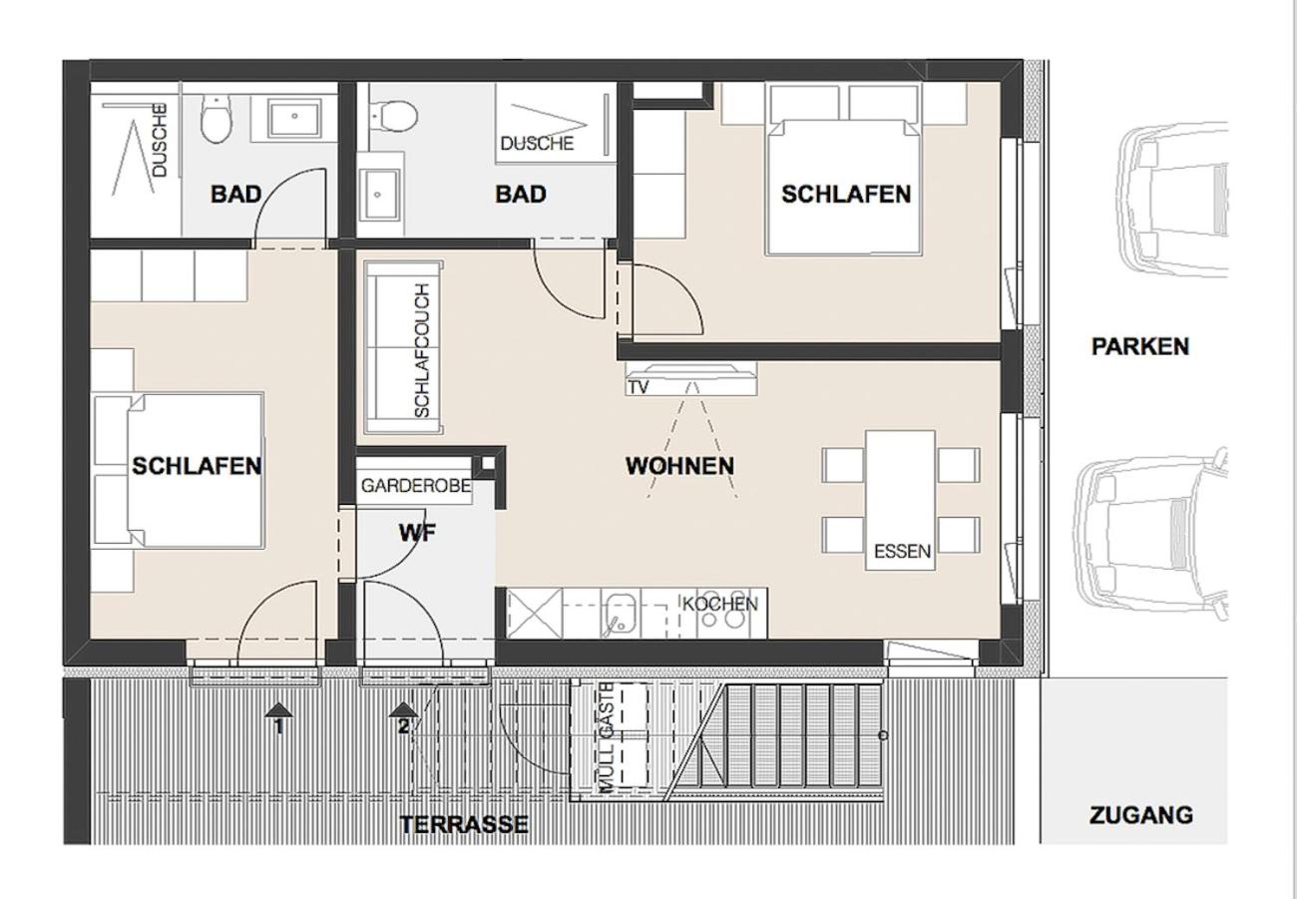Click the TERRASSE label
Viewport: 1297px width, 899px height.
(x=464, y=824)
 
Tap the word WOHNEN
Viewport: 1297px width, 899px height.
(x=679, y=466)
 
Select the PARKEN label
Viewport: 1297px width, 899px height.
(x=1140, y=346)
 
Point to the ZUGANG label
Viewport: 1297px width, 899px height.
(x=1140, y=815)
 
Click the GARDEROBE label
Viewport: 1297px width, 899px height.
(x=416, y=485)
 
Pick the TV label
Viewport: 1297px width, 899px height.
(x=639, y=387)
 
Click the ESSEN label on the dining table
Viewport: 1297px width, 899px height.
(x=902, y=551)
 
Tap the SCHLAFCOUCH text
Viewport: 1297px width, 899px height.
(x=423, y=350)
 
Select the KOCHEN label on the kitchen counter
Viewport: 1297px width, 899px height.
(x=719, y=605)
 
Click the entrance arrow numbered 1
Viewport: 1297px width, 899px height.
(x=279, y=718)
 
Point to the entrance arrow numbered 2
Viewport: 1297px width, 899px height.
(x=404, y=718)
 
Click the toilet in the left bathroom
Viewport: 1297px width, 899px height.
(x=216, y=119)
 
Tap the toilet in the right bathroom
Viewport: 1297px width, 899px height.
(x=394, y=116)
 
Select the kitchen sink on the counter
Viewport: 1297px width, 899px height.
(x=621, y=613)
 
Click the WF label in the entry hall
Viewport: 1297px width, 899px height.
(x=417, y=533)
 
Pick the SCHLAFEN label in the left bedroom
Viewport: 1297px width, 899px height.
(x=197, y=466)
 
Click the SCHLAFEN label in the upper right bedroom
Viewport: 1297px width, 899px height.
(x=846, y=194)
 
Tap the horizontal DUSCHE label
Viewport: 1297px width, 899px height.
(x=537, y=143)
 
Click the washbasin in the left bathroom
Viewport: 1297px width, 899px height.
(x=294, y=118)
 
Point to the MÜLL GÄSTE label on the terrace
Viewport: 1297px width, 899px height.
(x=607, y=736)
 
